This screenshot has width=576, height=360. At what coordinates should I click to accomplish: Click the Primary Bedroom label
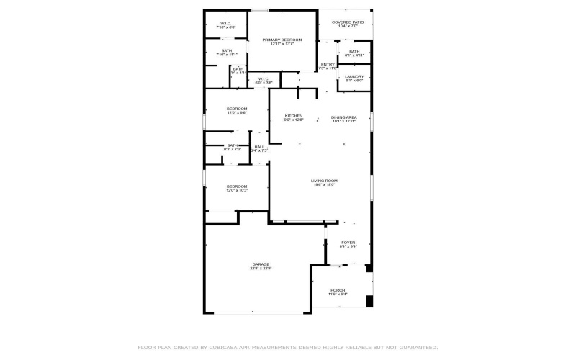tap(282, 40)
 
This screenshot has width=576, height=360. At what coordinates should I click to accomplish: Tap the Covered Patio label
tap(348, 22)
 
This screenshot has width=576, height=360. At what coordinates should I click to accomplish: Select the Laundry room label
tap(354, 76)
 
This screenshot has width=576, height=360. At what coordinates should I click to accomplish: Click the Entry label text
tap(328, 64)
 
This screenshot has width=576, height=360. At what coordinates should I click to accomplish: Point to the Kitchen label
tap(293, 116)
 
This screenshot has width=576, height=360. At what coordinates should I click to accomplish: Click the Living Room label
tap(324, 181)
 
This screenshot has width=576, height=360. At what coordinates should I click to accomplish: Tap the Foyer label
tap(348, 243)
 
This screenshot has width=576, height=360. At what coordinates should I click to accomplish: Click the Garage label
tap(260, 264)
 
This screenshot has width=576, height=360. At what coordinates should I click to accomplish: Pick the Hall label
tap(259, 147)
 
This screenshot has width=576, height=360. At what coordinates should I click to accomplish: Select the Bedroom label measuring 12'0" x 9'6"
tap(237, 109)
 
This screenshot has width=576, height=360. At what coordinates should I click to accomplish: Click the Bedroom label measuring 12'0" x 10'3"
tap(237, 186)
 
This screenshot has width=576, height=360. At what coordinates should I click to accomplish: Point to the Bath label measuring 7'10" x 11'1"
tap(226, 50)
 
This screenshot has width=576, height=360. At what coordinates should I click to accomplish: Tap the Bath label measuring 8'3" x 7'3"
tap(233, 145)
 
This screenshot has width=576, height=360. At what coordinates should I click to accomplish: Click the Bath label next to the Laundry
tap(354, 51)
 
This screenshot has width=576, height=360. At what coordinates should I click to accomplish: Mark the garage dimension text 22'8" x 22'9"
tap(260, 269)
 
